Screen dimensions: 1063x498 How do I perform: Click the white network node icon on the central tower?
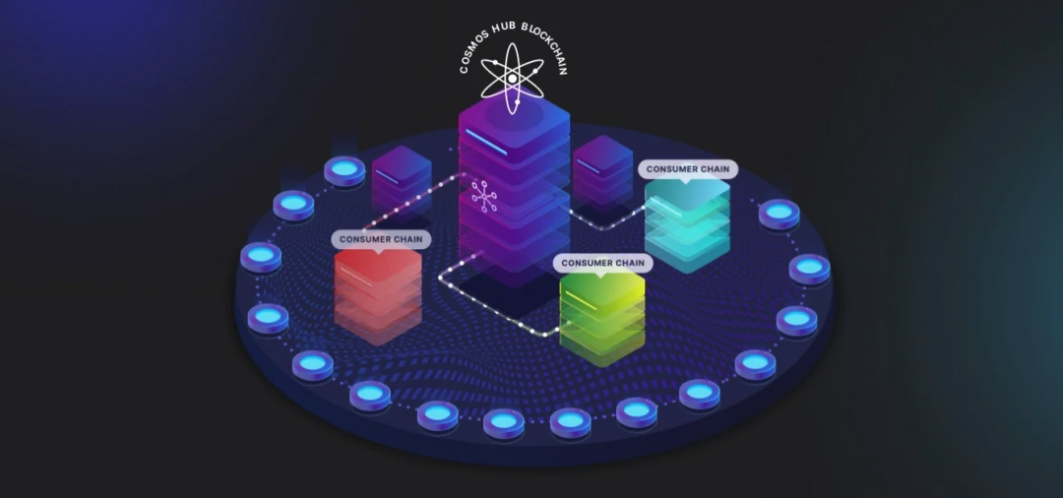click(x=484, y=197)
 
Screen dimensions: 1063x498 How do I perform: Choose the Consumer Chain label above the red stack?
click(x=381, y=239)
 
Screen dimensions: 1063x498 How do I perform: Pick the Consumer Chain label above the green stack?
click(x=602, y=263)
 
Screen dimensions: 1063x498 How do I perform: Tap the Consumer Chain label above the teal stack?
click(x=687, y=169)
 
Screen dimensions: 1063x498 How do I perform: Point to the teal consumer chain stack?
click(x=687, y=223)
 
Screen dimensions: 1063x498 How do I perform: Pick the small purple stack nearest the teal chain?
click(x=602, y=169)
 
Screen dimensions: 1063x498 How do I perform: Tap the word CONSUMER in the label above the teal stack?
click(x=668, y=169)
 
